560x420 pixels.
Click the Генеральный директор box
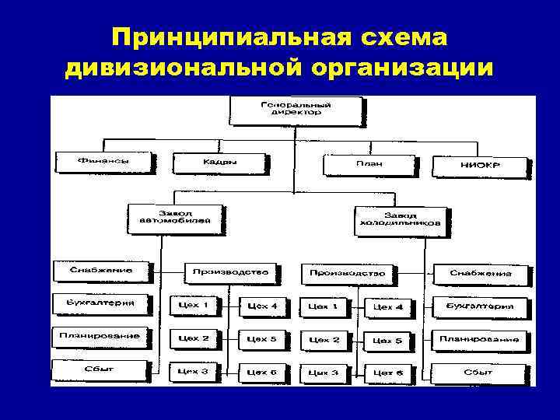295,110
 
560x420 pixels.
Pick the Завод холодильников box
400,220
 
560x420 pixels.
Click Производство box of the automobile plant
229,273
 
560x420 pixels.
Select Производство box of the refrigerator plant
346,274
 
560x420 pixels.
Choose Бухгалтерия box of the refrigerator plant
479,306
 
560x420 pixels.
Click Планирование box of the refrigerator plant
478,339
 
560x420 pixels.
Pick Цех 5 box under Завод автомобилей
261,339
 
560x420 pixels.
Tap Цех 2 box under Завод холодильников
324,340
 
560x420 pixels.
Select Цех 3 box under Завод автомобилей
193,372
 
